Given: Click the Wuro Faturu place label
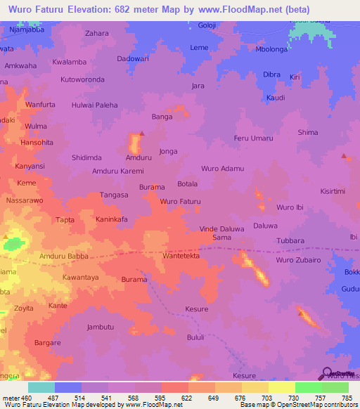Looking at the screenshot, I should tap(180, 202).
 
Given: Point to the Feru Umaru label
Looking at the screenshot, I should tap(253, 138).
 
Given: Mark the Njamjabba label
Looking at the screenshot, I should tap(27, 32).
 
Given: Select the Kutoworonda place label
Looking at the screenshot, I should tap(82, 79).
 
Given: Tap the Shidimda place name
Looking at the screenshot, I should tap(89, 157).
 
